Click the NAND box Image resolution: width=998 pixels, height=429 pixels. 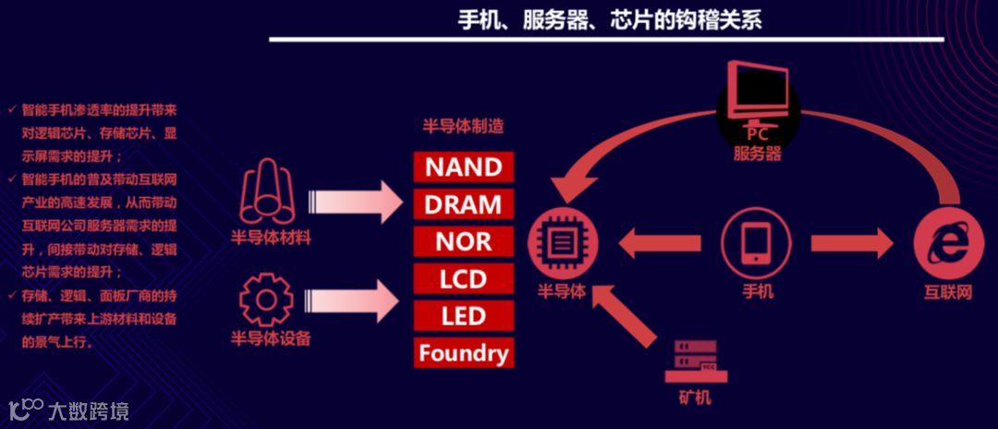pos(463,167)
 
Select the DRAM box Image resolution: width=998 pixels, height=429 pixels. pos(463,204)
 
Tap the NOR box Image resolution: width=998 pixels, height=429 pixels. pos(463,241)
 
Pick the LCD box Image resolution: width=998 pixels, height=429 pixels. pos(463,278)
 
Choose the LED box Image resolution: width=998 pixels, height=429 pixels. pos(463,316)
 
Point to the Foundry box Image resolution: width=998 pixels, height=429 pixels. pos(463,353)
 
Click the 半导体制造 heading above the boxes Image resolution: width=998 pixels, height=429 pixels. pos(463,127)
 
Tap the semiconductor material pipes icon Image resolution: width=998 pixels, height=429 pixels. pos(267,193)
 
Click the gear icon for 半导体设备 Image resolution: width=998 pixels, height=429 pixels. pos(266,298)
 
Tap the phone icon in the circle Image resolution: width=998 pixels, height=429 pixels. pos(757,244)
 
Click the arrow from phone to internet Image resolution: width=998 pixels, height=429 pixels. pos(851,244)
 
